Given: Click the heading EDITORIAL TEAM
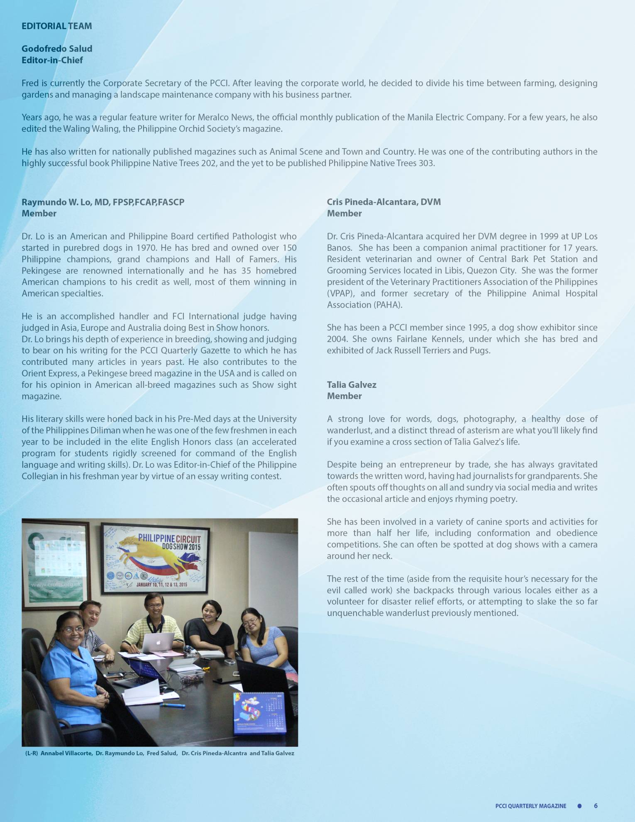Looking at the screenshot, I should point(56,26).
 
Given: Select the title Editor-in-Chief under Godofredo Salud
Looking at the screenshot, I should point(52,60).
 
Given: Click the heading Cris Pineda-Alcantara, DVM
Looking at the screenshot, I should point(383,202).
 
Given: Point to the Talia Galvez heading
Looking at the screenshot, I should point(351,385).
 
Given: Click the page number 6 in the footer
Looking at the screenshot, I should point(596,806).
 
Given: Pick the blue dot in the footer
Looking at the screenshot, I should point(579,806).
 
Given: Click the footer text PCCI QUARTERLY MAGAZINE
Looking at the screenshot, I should point(530,806).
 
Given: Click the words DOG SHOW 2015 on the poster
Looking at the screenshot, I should point(181,547).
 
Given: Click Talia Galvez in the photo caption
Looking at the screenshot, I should point(277,753).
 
